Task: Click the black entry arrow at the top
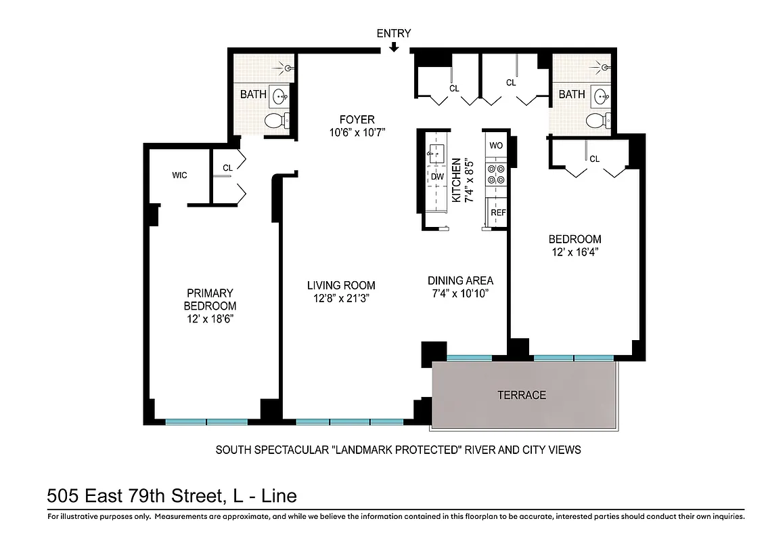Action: click(x=394, y=47)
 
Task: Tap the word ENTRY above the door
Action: click(x=394, y=33)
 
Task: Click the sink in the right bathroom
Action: click(x=600, y=96)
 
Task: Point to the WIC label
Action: click(x=179, y=175)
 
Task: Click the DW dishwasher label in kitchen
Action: click(x=437, y=176)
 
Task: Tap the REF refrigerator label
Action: click(x=498, y=212)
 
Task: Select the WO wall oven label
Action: click(x=496, y=146)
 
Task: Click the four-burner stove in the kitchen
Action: click(x=497, y=175)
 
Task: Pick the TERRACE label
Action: click(x=521, y=395)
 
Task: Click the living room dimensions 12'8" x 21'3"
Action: click(x=341, y=298)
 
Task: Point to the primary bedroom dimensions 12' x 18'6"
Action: click(x=210, y=318)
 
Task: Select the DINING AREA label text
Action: click(x=460, y=280)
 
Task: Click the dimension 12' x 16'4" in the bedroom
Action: click(x=574, y=252)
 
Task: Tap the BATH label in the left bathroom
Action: click(x=253, y=94)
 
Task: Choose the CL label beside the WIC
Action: click(x=227, y=168)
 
